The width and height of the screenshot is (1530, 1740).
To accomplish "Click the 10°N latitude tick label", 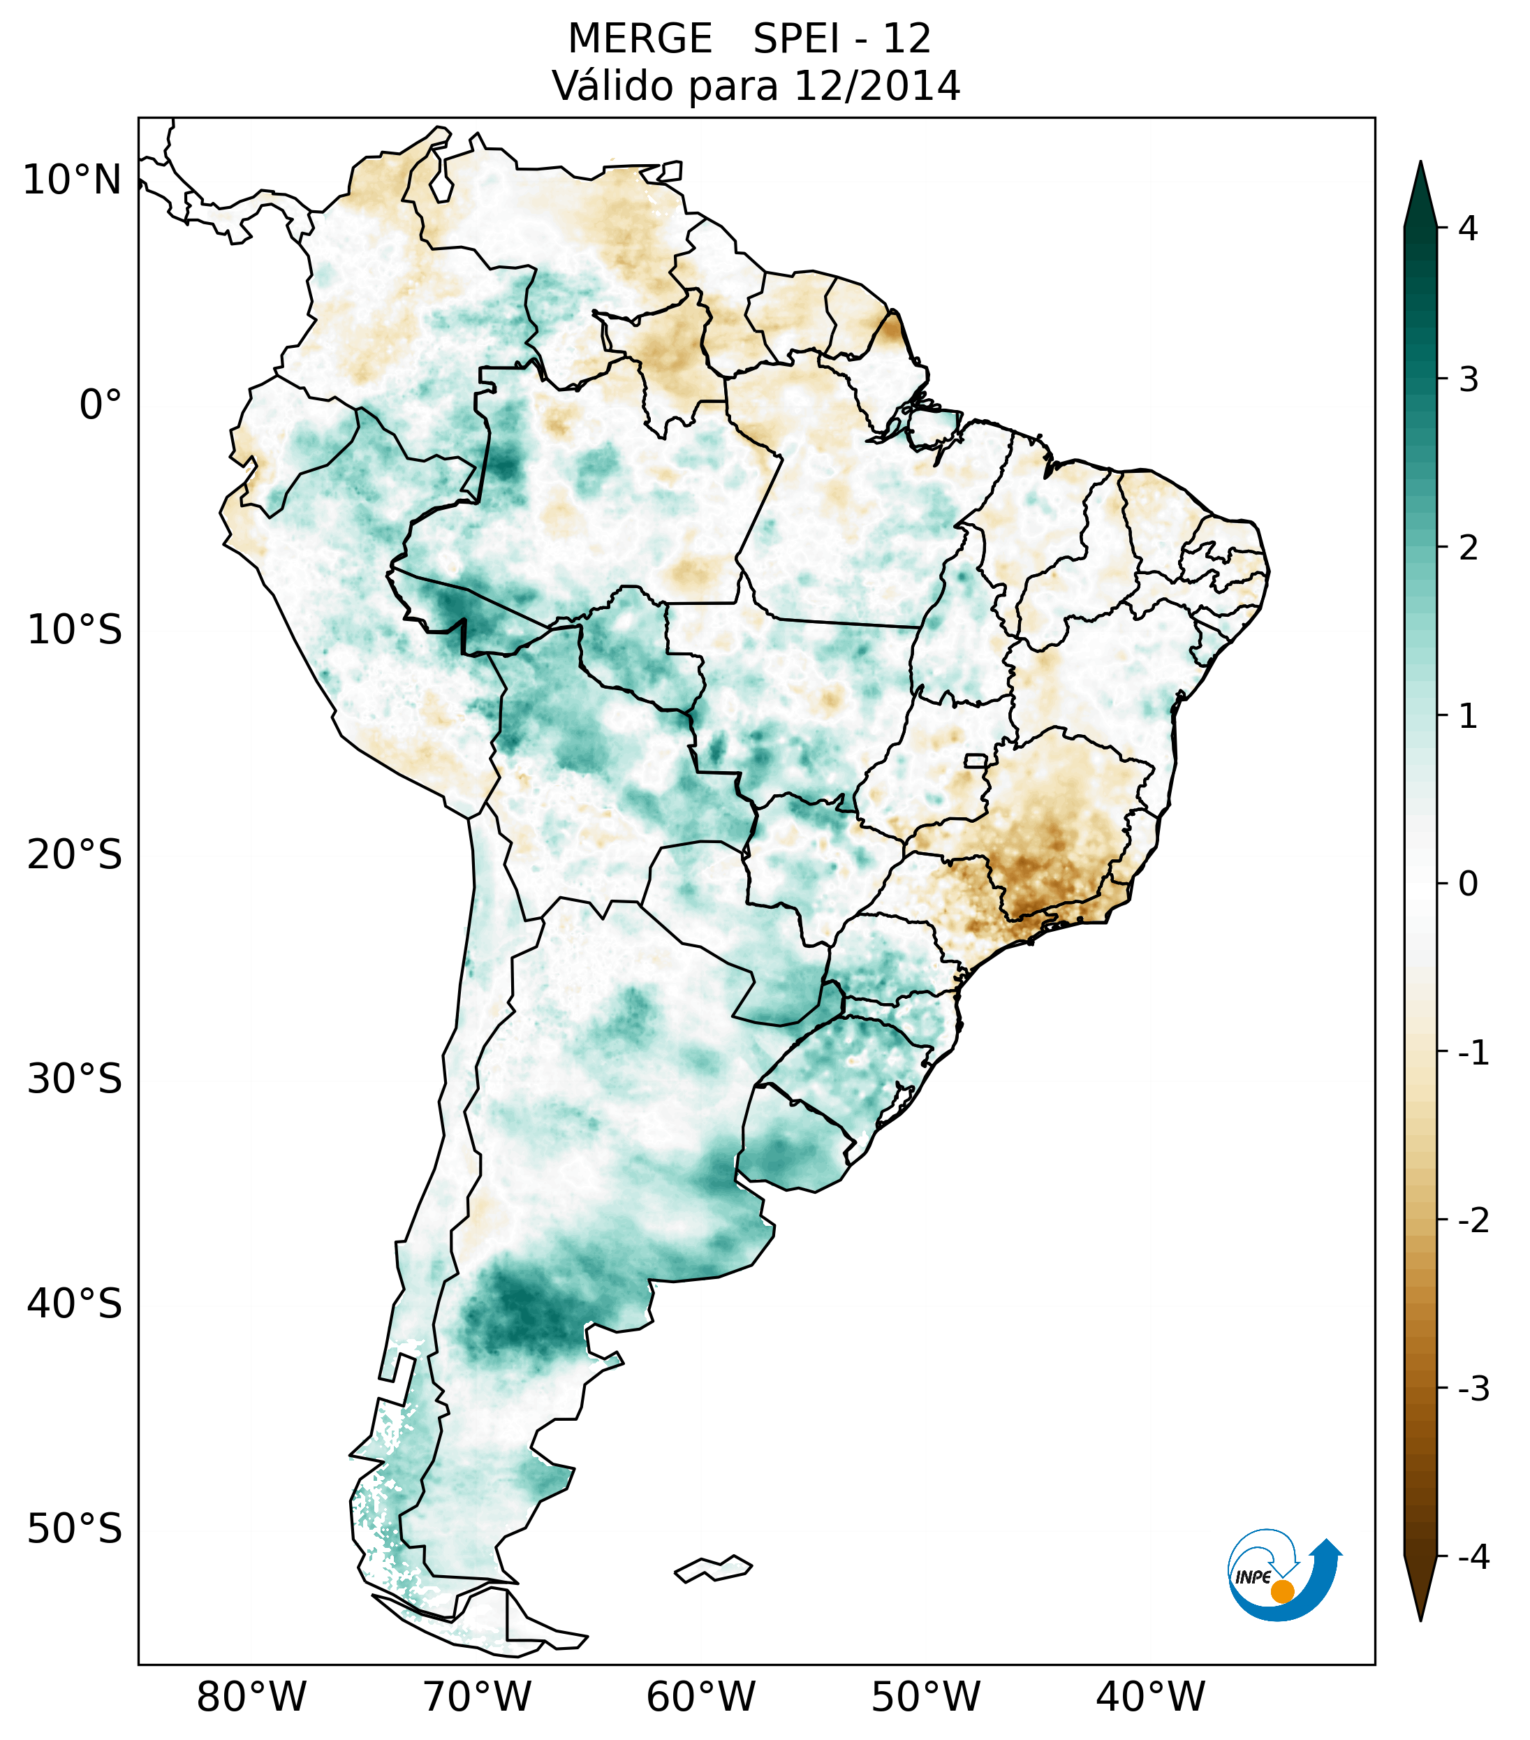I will (73, 180).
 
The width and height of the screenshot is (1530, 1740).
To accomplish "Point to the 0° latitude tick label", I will (101, 405).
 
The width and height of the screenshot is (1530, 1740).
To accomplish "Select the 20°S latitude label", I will (75, 855).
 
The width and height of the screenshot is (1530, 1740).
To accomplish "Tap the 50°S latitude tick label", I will (75, 1530).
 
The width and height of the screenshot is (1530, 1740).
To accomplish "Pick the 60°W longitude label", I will (700, 1697).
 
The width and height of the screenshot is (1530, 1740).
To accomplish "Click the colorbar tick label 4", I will (1468, 228).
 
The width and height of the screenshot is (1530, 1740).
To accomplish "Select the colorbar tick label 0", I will (1468, 884).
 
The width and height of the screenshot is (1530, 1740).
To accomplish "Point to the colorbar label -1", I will (1473, 1053).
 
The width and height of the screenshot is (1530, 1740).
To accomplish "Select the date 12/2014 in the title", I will (876, 86).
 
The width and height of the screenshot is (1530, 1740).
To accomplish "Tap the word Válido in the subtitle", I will (612, 86).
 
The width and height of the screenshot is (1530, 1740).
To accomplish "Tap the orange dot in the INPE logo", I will (1281, 1591).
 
